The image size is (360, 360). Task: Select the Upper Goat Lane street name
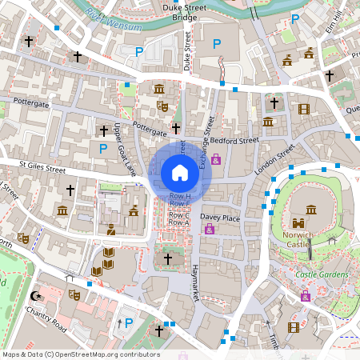(x=125, y=150)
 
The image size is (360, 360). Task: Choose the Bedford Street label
(x=230, y=140)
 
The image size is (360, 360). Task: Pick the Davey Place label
(x=220, y=218)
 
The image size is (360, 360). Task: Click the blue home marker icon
(x=180, y=172)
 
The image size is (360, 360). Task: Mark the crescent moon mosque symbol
(x=34, y=295)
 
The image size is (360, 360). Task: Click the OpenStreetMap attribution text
(x=80, y=354)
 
